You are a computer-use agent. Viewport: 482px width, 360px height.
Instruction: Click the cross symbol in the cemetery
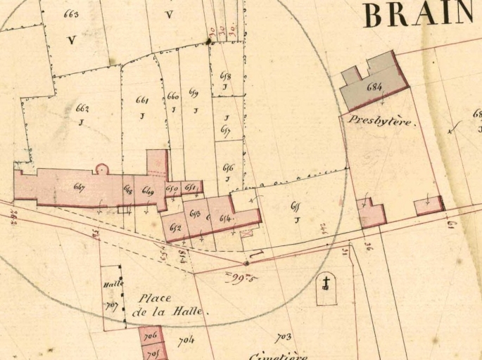(326, 284)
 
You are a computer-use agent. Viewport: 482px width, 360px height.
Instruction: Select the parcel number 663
(71, 14)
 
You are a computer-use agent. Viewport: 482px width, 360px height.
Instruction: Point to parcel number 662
(82, 109)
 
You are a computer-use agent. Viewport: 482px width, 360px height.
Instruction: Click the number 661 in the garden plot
(142, 100)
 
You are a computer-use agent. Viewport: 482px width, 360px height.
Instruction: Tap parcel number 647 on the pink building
(79, 187)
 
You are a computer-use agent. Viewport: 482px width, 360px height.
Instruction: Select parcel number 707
(110, 306)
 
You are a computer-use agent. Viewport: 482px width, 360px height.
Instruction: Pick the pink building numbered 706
(150, 337)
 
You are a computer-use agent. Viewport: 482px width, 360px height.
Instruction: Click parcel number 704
(186, 341)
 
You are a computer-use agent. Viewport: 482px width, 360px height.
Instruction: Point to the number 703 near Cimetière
(283, 338)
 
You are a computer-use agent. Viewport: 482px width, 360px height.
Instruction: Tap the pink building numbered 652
(175, 227)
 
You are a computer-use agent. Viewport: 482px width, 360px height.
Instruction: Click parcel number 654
(226, 219)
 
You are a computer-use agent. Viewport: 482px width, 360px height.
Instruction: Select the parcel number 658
(225, 75)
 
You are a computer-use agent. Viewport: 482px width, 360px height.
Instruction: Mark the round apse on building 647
(102, 169)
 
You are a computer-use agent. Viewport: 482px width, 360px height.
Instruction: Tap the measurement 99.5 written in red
(241, 278)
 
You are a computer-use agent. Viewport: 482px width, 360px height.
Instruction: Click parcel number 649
(148, 191)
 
